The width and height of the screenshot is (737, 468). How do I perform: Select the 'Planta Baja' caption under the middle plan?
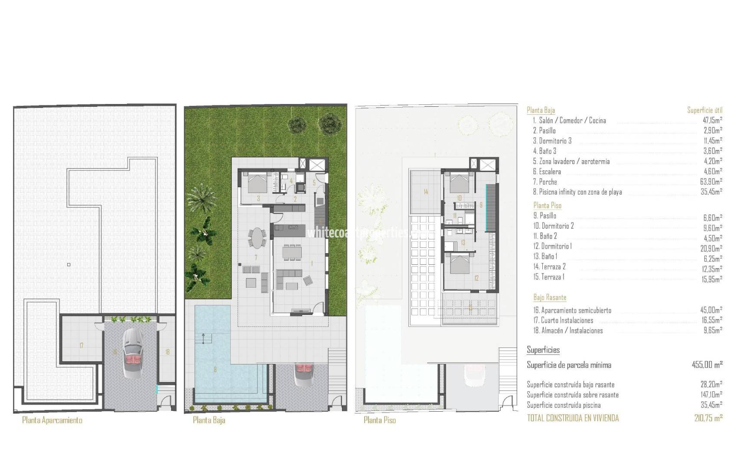pyautogui.click(x=209, y=420)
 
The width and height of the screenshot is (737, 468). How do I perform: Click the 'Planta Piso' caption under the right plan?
pyautogui.click(x=380, y=420)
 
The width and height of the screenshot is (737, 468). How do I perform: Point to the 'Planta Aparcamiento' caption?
pyautogui.click(x=52, y=420)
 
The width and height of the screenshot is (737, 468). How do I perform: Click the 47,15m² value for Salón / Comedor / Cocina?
pyautogui.click(x=711, y=120)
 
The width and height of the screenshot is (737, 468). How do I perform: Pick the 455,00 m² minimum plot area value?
pyautogui.click(x=707, y=365)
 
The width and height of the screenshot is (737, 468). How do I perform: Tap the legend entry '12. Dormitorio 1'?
pyautogui.click(x=552, y=246)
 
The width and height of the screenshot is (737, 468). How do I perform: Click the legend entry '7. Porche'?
pyautogui.click(x=545, y=182)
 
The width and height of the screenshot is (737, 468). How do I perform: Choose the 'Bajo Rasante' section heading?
pyautogui.click(x=550, y=298)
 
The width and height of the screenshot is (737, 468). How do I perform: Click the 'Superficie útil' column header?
pyautogui.click(x=704, y=110)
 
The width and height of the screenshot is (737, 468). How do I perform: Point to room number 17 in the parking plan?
pyautogui.click(x=81, y=345)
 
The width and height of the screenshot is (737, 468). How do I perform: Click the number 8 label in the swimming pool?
pyautogui.click(x=215, y=370)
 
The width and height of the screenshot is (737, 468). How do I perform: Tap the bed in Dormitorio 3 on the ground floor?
pyautogui.click(x=257, y=184)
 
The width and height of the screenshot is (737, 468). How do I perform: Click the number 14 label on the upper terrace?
pyautogui.click(x=426, y=192)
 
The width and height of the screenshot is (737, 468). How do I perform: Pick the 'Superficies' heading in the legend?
pyautogui.click(x=543, y=350)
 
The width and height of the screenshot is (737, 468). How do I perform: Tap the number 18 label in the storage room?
pyautogui.click(x=167, y=352)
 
